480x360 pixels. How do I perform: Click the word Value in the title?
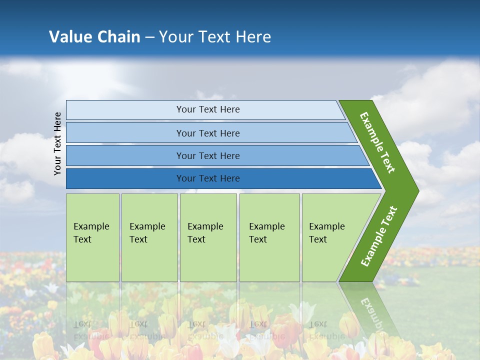[69, 36]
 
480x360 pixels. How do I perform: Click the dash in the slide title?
[149, 37]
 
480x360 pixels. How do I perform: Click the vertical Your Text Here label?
[57, 143]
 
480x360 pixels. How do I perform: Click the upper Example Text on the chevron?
[377, 142]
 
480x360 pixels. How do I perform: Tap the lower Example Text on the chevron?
[378, 236]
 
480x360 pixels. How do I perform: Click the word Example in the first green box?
[91, 226]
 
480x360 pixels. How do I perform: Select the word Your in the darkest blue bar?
[186, 178]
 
